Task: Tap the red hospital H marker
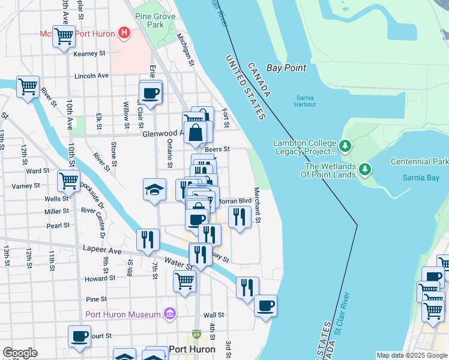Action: (124, 32)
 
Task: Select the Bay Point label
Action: (286, 68)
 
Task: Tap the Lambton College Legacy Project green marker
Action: (345, 146)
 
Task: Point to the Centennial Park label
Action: (419, 161)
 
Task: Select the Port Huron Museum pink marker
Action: (170, 314)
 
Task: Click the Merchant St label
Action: (257, 205)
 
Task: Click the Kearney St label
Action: (89, 53)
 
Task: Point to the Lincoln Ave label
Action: (91, 76)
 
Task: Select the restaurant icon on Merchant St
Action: (240, 217)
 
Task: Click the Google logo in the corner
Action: (20, 353)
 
